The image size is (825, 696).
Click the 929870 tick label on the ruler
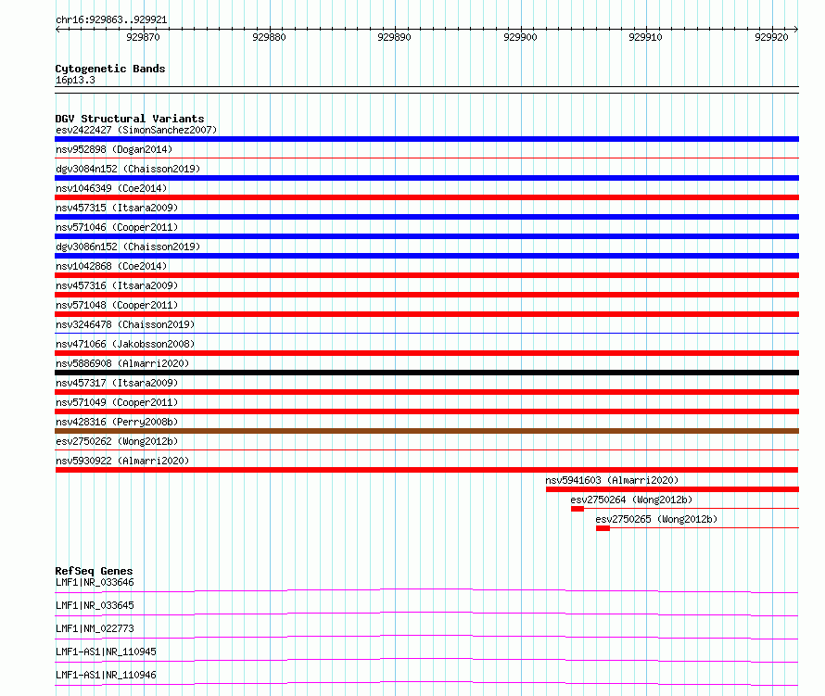143,37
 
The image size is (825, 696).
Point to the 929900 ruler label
520,37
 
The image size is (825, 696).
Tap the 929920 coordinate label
771,37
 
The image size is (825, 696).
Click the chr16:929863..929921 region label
111,20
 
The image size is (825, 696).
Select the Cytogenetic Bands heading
110,69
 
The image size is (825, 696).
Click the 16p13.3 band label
75,80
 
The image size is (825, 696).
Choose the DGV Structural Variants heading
130,119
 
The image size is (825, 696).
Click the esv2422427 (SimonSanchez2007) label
136,130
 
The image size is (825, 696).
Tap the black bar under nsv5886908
426,373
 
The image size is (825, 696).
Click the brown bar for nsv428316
426,431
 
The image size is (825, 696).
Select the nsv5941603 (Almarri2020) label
612,480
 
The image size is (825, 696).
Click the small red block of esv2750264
577,509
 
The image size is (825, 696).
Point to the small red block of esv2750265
603,528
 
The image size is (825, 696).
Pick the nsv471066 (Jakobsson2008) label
125,344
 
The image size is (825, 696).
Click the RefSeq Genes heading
94,571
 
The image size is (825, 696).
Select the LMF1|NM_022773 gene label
95,628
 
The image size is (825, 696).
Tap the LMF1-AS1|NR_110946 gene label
106,675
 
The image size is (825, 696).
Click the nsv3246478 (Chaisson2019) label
125,324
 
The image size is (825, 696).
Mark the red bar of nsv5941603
672,489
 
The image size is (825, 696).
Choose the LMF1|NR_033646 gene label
95,582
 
